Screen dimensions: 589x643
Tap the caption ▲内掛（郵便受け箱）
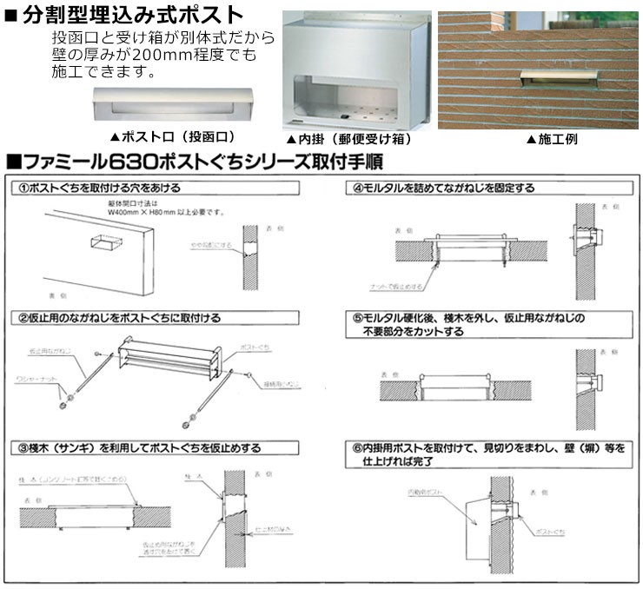coord(348,139)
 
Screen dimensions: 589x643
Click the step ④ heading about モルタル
coord(443,188)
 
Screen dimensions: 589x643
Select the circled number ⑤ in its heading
coord(357,318)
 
